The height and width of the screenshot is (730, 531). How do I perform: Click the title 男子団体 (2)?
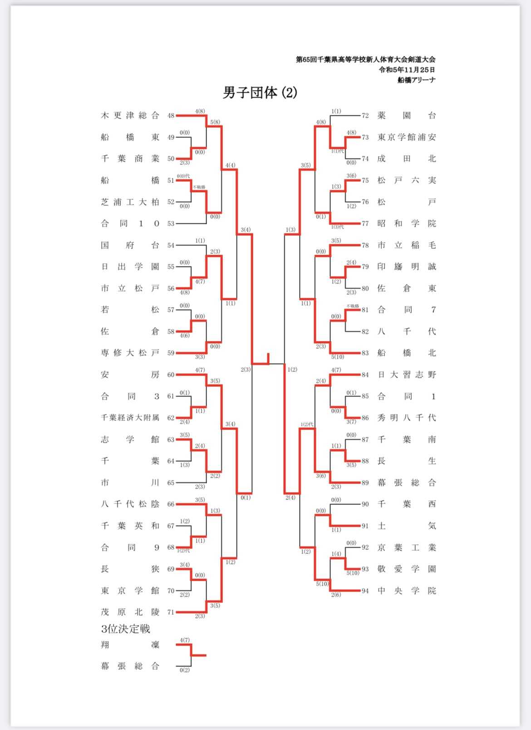pyautogui.click(x=260, y=93)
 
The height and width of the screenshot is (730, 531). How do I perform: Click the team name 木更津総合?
pyautogui.click(x=130, y=115)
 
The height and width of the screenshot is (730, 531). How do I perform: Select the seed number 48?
pyautogui.click(x=171, y=116)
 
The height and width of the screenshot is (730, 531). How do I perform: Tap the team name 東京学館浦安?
pyautogui.click(x=406, y=137)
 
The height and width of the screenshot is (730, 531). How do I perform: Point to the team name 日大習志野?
pyautogui.click(x=406, y=375)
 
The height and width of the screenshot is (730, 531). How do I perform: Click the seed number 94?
pyautogui.click(x=365, y=591)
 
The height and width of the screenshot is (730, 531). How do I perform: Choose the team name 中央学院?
pyautogui.click(x=406, y=591)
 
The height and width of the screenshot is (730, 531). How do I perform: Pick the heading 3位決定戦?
pyautogui.click(x=126, y=629)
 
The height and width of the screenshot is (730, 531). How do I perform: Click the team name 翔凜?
pyautogui.click(x=130, y=645)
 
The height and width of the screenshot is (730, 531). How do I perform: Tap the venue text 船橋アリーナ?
pyautogui.click(x=416, y=80)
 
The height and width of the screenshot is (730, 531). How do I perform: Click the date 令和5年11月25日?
pyautogui.click(x=407, y=69)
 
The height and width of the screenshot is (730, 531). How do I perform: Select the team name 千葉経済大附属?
pyautogui.click(x=130, y=418)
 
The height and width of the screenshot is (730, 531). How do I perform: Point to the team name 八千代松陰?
pyautogui.click(x=130, y=504)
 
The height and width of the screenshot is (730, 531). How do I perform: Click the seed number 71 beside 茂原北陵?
pyautogui.click(x=171, y=612)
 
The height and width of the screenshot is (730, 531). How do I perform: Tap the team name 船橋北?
pyautogui.click(x=406, y=353)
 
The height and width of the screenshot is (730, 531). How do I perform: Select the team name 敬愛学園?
pyautogui.click(x=406, y=569)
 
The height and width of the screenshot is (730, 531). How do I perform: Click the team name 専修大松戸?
pyautogui.click(x=130, y=353)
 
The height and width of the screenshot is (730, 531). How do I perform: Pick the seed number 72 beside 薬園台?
pyautogui.click(x=365, y=116)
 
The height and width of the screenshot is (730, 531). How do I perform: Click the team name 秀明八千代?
pyautogui.click(x=406, y=418)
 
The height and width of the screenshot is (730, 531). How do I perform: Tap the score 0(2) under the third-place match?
pyautogui.click(x=184, y=670)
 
